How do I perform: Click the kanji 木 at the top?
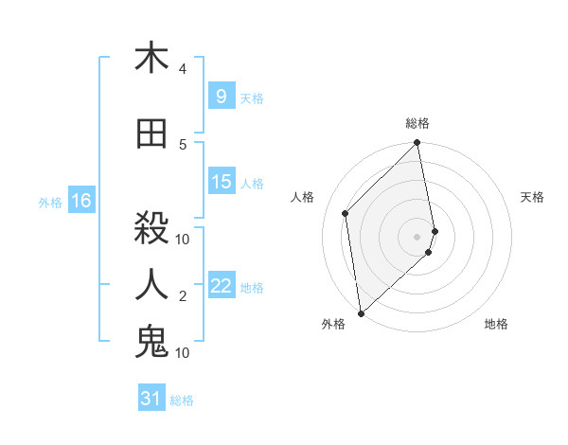pos(151,59)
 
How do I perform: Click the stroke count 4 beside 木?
pos(183,69)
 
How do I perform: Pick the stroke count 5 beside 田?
pos(183,145)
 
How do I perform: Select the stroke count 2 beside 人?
pos(183,296)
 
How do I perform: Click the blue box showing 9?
pos(221,96)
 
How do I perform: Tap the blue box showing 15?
pos(222,182)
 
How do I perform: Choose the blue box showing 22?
pos(222,286)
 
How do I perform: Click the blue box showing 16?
pos(80,201)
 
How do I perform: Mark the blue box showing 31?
pos(151,399)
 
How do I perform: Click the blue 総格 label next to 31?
pos(182,400)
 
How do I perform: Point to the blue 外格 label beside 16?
pos(50,203)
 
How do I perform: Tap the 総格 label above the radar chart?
pos(417,123)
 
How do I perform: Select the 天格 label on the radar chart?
pos(532,197)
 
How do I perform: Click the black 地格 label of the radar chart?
pos(496,324)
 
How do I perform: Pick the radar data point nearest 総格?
pos(417,144)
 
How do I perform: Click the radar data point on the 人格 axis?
pos(346,213)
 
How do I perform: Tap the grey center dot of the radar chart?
pos(417,236)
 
